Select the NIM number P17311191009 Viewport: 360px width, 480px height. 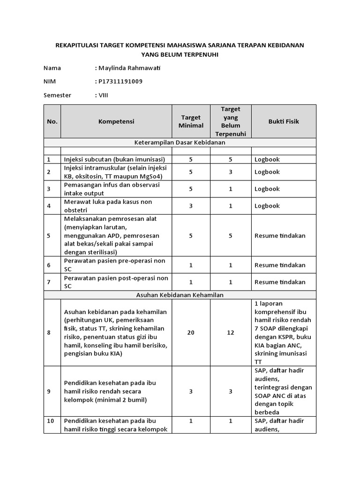pyautogui.click(x=120, y=81)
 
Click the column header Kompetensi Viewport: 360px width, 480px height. pyautogui.click(x=116, y=121)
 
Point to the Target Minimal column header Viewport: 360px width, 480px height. pyautogui.click(x=191, y=121)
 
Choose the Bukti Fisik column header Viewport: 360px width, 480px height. pyautogui.click(x=284, y=121)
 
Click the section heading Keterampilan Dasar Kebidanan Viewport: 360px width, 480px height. pyautogui.click(x=180, y=142)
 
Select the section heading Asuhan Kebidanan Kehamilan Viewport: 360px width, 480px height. pyautogui.click(x=180, y=295)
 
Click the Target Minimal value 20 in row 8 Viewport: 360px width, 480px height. pyautogui.click(x=191, y=332)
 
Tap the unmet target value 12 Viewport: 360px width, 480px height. pyautogui.click(x=230, y=332)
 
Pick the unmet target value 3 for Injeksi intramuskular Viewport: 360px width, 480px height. pyautogui.click(x=230, y=172)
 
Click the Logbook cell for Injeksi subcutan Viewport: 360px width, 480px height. pyautogui.click(x=267, y=159)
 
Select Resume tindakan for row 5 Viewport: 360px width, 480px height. pyautogui.click(x=280, y=236)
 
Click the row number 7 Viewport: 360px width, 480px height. pyautogui.click(x=49, y=282)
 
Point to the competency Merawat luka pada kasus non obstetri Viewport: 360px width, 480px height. pyautogui.click(x=108, y=206)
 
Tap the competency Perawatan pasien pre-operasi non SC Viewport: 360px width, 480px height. pyautogui.click(x=115, y=265)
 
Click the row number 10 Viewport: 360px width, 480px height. pyautogui.click(x=51, y=421)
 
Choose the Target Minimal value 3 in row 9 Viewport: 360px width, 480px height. pyautogui.click(x=191, y=390)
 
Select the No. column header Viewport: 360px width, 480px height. pyautogui.click(x=52, y=121)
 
